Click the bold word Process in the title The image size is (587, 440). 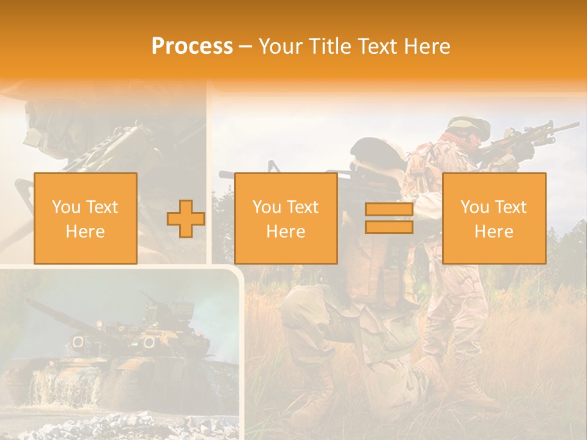(192, 46)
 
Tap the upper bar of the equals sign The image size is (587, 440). (389, 210)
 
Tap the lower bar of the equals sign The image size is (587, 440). (389, 227)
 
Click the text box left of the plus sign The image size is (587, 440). (85, 218)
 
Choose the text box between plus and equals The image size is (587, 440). (286, 218)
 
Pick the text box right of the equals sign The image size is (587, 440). (493, 218)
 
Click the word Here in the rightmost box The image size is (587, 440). (493, 232)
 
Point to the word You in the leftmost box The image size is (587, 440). (65, 207)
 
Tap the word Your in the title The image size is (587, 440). (280, 46)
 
